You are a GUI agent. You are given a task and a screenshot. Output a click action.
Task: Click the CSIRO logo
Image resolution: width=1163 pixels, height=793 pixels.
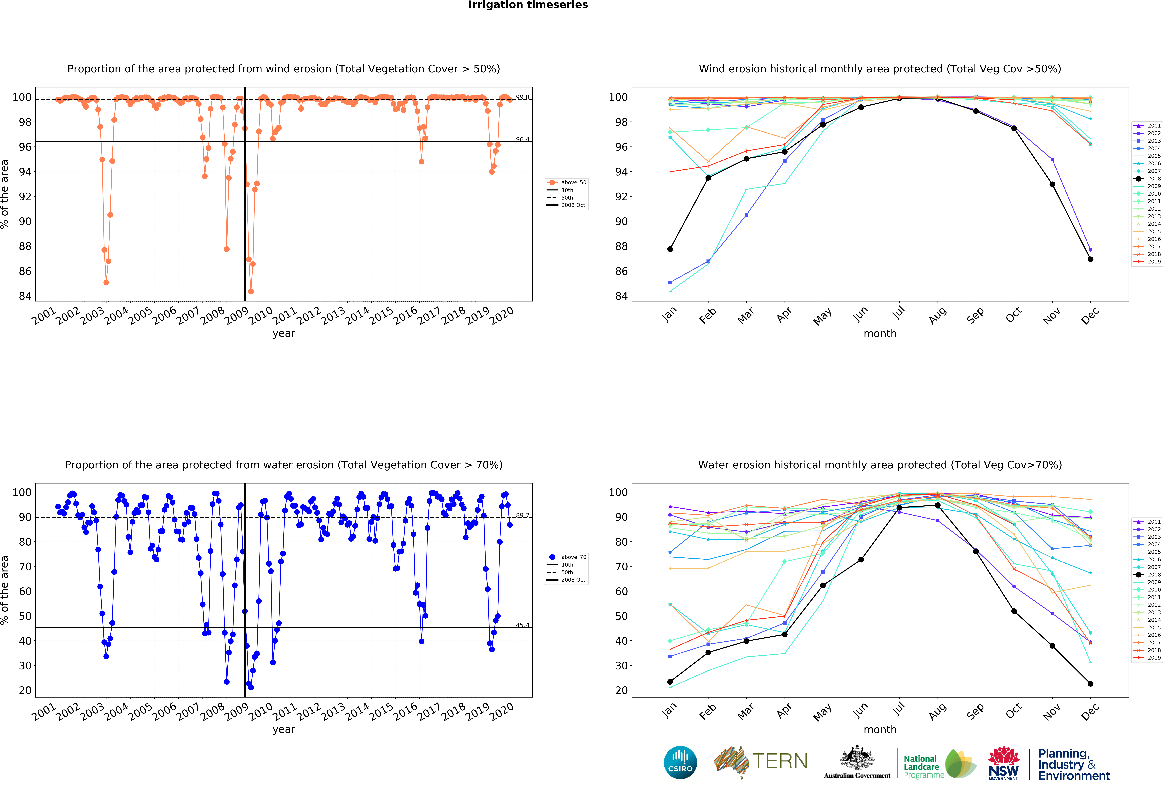click(680, 762)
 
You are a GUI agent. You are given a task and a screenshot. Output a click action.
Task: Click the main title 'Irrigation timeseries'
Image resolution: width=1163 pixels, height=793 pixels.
click(528, 5)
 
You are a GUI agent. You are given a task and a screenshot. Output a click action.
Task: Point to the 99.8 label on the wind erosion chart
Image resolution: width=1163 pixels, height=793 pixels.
click(523, 97)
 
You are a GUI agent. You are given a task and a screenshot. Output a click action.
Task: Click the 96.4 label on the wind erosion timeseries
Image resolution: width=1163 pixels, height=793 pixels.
click(523, 139)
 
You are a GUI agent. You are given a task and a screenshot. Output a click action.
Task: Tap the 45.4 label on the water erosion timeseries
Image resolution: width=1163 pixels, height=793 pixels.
click(523, 625)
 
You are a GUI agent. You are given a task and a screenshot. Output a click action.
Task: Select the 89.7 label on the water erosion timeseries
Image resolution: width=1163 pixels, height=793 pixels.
click(523, 515)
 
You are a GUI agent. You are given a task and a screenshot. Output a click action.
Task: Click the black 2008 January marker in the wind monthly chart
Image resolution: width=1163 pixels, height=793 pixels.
click(670, 249)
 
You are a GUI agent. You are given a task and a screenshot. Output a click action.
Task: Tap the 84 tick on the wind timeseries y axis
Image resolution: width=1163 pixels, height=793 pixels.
click(25, 296)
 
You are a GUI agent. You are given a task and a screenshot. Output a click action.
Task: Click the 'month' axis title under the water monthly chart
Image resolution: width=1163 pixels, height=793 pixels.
click(880, 729)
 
